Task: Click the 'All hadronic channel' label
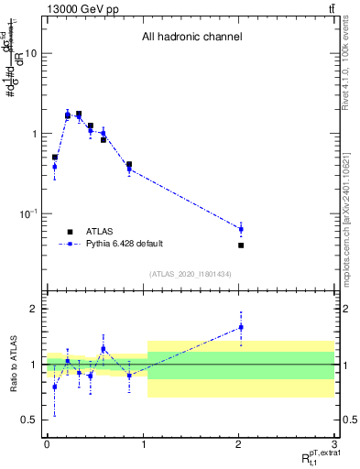[191, 38]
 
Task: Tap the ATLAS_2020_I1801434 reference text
[191, 273]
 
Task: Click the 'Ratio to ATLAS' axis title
[11, 365]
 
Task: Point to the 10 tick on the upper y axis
[30, 53]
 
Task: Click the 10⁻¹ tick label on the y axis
[27, 213]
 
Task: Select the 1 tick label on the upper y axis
[33, 134]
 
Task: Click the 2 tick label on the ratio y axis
[34, 309]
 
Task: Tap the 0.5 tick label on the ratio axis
[29, 420]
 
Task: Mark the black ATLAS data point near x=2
[241, 245]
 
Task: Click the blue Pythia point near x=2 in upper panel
[241, 229]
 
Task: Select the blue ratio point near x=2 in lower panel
[241, 327]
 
